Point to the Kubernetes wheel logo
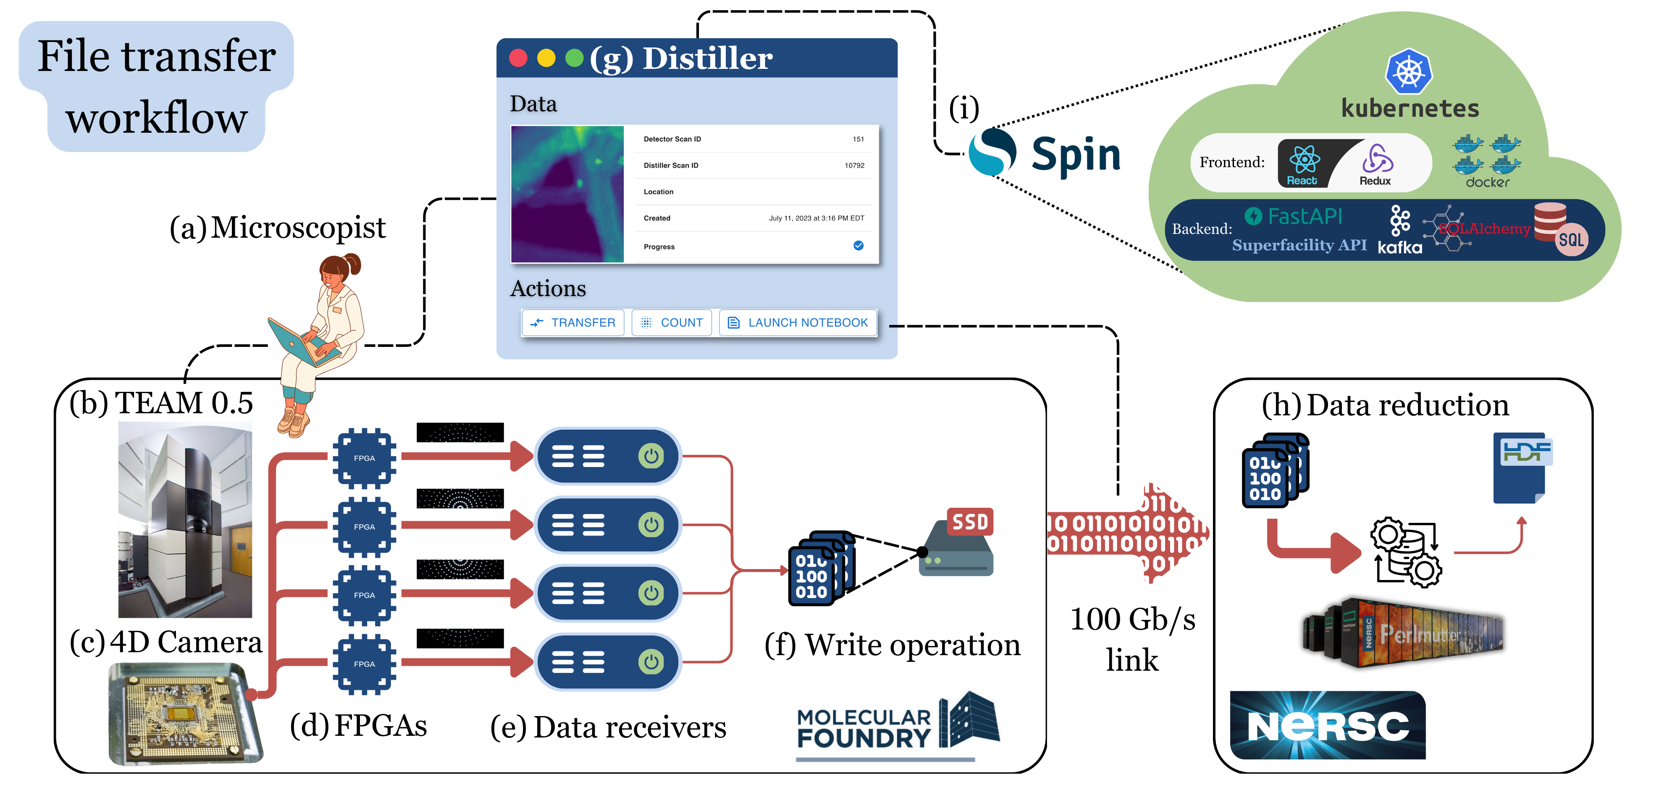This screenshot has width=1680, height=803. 1409,72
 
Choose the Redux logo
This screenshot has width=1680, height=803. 1376,163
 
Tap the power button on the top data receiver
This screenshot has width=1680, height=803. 651,456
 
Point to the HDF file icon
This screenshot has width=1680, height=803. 1522,467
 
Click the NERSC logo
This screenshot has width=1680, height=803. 1327,725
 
